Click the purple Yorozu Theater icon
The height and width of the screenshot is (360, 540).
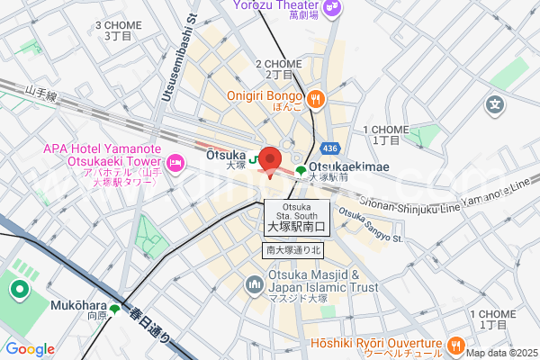pos(332,8)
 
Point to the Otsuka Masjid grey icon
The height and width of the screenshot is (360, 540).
pos(255,286)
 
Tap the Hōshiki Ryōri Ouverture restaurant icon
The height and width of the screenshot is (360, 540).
pos(456,344)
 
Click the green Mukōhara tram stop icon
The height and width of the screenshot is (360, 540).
pos(115,309)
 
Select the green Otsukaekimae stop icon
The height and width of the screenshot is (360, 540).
pos(300,169)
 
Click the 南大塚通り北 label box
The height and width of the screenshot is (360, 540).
pos(292,249)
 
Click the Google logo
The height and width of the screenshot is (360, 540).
pos(30,349)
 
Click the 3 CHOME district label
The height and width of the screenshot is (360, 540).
pos(118,31)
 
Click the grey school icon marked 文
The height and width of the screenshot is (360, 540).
pos(494,106)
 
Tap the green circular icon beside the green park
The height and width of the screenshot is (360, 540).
pos(18,290)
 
